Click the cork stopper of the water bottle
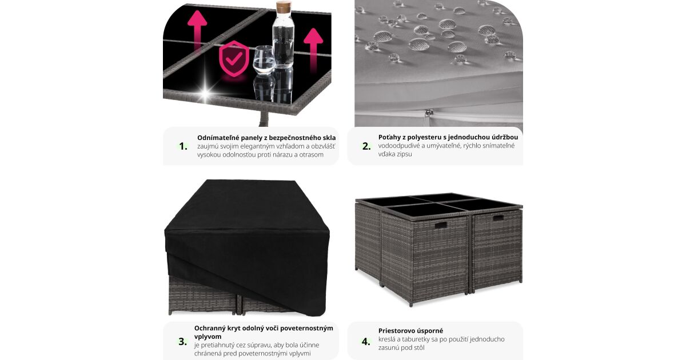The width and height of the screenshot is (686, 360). coord(282,6)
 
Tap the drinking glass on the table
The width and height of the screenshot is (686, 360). coord(264,60)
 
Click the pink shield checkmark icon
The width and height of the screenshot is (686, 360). coord(234,58)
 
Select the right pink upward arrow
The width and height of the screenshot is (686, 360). coord(313,47)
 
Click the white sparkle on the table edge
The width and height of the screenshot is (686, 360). coord(205,91)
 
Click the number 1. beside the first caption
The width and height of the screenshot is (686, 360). coord(183,146)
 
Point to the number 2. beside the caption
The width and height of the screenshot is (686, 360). coord(366,146)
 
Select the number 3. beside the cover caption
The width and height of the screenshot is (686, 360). coord(182,341)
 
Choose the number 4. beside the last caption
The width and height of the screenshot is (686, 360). coord(366,341)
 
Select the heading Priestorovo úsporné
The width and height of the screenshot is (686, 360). coord(410,331)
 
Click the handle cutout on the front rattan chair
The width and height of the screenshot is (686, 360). coord(440,225)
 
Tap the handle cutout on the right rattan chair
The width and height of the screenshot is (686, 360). coord(498,218)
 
